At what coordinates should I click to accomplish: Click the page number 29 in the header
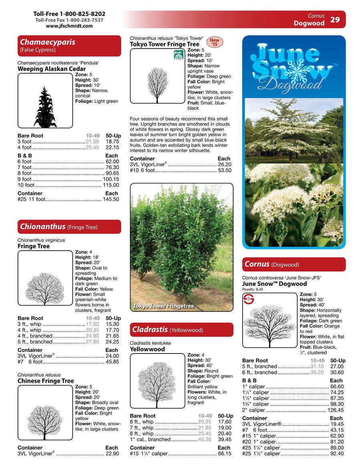(335, 19)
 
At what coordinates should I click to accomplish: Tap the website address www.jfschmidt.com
(69, 26)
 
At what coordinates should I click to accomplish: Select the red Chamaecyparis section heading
(69, 46)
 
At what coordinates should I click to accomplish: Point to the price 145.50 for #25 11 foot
(111, 199)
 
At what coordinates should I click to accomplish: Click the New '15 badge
(215, 42)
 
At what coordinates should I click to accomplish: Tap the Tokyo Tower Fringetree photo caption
(163, 306)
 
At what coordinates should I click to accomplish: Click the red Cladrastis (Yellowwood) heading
(182, 330)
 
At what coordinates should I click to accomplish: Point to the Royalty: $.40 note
(253, 289)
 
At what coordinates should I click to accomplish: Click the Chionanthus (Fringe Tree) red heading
(69, 227)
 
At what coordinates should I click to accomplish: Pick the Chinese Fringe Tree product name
(46, 381)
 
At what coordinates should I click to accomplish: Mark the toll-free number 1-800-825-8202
(69, 14)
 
